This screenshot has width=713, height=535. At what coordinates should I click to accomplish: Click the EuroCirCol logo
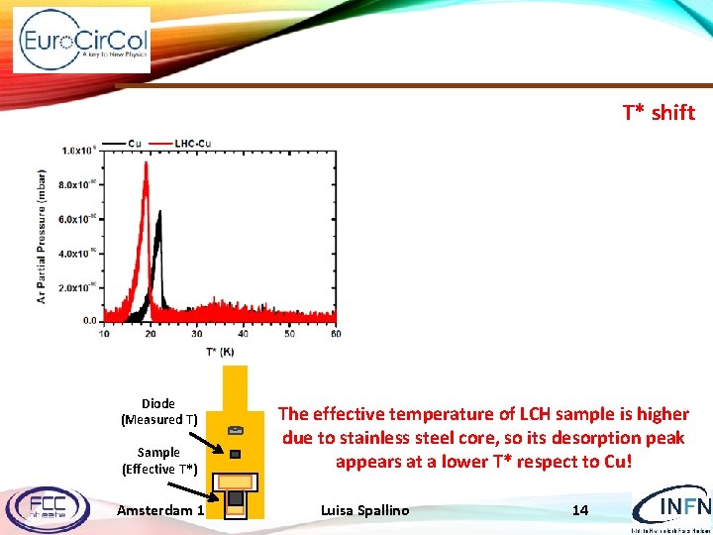82,41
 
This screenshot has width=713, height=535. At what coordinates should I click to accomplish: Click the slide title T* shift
658,112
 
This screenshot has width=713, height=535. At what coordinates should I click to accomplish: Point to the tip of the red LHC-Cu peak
146,164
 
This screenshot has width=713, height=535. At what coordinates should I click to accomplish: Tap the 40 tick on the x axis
243,334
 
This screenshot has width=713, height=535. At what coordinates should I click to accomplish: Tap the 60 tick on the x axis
336,334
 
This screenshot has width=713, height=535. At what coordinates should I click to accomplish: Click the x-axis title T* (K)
221,352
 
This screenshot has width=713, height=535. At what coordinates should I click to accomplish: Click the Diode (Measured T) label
158,411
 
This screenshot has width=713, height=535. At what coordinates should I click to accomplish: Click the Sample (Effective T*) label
158,460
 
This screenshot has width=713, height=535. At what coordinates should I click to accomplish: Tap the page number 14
580,510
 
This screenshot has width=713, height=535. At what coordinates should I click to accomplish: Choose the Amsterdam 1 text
159,510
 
